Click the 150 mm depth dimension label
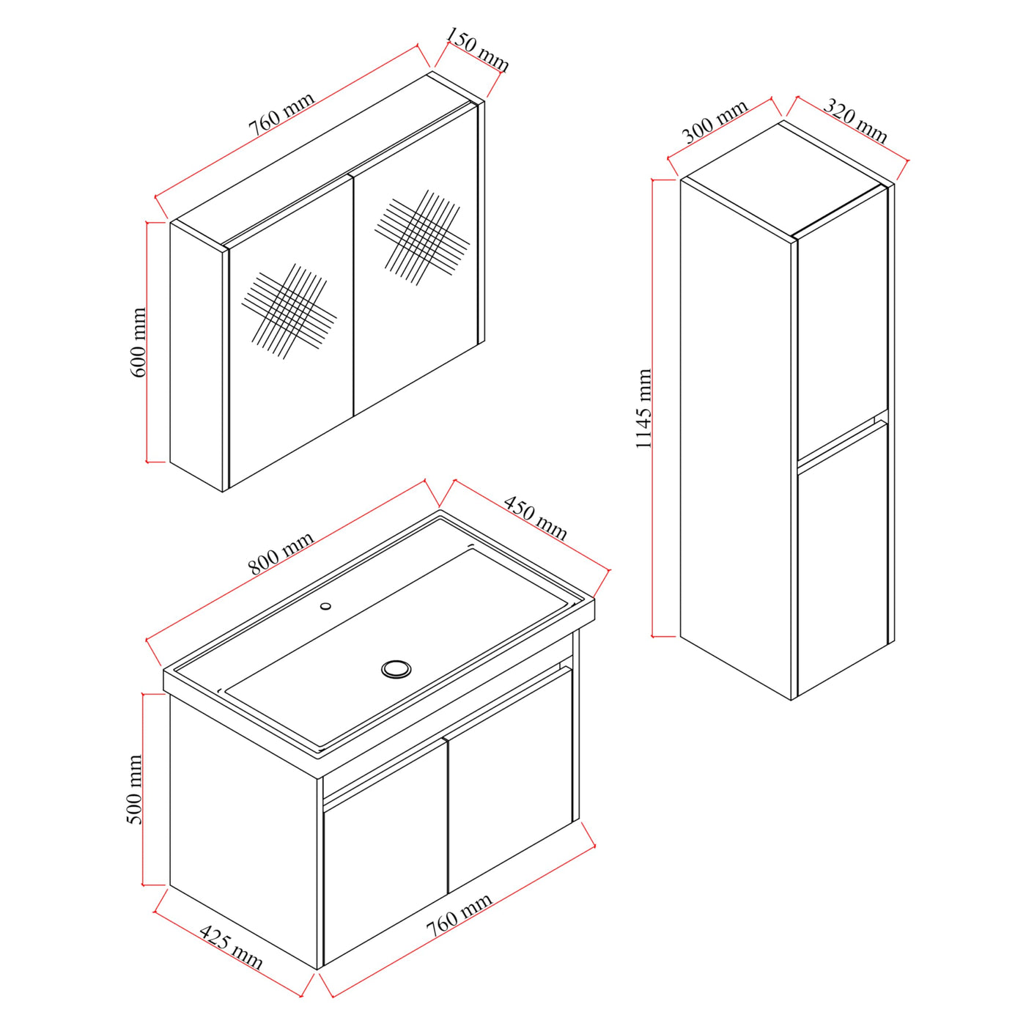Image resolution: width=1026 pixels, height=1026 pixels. (477, 50)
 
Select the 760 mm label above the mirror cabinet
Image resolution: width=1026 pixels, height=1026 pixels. (281, 115)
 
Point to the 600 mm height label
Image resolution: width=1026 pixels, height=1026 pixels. (139, 342)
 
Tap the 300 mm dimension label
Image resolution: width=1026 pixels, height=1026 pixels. (715, 122)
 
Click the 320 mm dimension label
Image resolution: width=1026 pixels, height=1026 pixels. (855, 120)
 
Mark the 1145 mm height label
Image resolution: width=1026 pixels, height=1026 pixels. (643, 409)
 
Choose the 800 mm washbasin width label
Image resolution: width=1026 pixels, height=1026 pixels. (281, 553)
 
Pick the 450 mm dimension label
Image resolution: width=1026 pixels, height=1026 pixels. (536, 518)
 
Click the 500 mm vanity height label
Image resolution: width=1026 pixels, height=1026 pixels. (136, 789)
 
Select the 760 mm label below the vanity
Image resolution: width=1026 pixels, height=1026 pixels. (460, 914)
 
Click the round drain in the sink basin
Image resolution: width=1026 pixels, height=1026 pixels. (396, 668)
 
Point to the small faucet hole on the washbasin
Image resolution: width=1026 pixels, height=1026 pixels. (325, 606)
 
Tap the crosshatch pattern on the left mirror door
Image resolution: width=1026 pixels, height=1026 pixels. (289, 311)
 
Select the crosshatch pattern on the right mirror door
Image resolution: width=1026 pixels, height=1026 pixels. (422, 237)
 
